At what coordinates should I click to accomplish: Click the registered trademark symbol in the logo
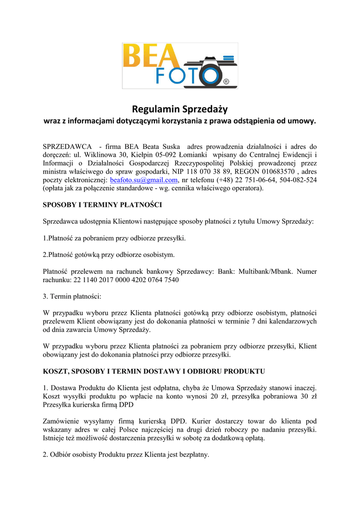coord(226,82)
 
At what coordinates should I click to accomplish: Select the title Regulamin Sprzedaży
coord(180,109)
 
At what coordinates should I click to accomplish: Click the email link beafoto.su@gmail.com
coord(144,180)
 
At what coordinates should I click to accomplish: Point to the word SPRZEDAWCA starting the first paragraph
coord(68,147)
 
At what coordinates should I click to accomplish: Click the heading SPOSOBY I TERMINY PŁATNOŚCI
coord(103,205)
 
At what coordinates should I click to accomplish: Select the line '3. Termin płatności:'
coord(72,296)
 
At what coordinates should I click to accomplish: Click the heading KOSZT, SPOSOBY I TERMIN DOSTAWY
coord(154,371)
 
